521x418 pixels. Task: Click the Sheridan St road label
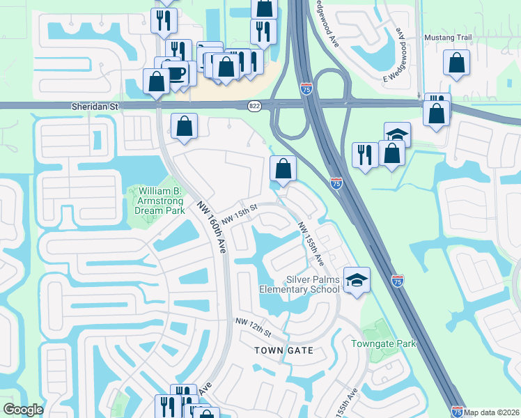pyautogui.click(x=95, y=107)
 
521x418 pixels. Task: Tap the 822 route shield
pyautogui.click(x=254, y=106)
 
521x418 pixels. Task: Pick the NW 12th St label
pyautogui.click(x=251, y=323)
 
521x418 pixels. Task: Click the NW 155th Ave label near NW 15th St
pyautogui.click(x=311, y=244)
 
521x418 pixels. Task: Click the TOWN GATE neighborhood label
pyautogui.click(x=283, y=350)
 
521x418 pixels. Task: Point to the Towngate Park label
pyautogui.click(x=383, y=343)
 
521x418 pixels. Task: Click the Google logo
pyautogui.click(x=23, y=410)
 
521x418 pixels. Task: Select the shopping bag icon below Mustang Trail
pyautogui.click(x=456, y=63)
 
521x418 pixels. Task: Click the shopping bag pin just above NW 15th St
pyautogui.click(x=283, y=168)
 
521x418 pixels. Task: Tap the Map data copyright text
pyautogui.click(x=492, y=412)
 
